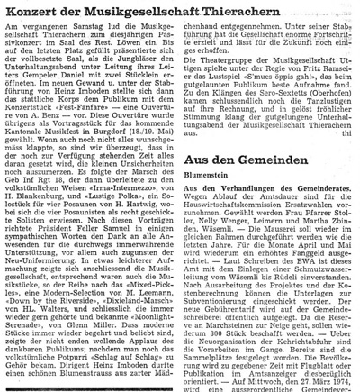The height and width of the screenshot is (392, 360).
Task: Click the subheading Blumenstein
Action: (211, 204)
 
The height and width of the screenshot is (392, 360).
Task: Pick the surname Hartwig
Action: (154, 234)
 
